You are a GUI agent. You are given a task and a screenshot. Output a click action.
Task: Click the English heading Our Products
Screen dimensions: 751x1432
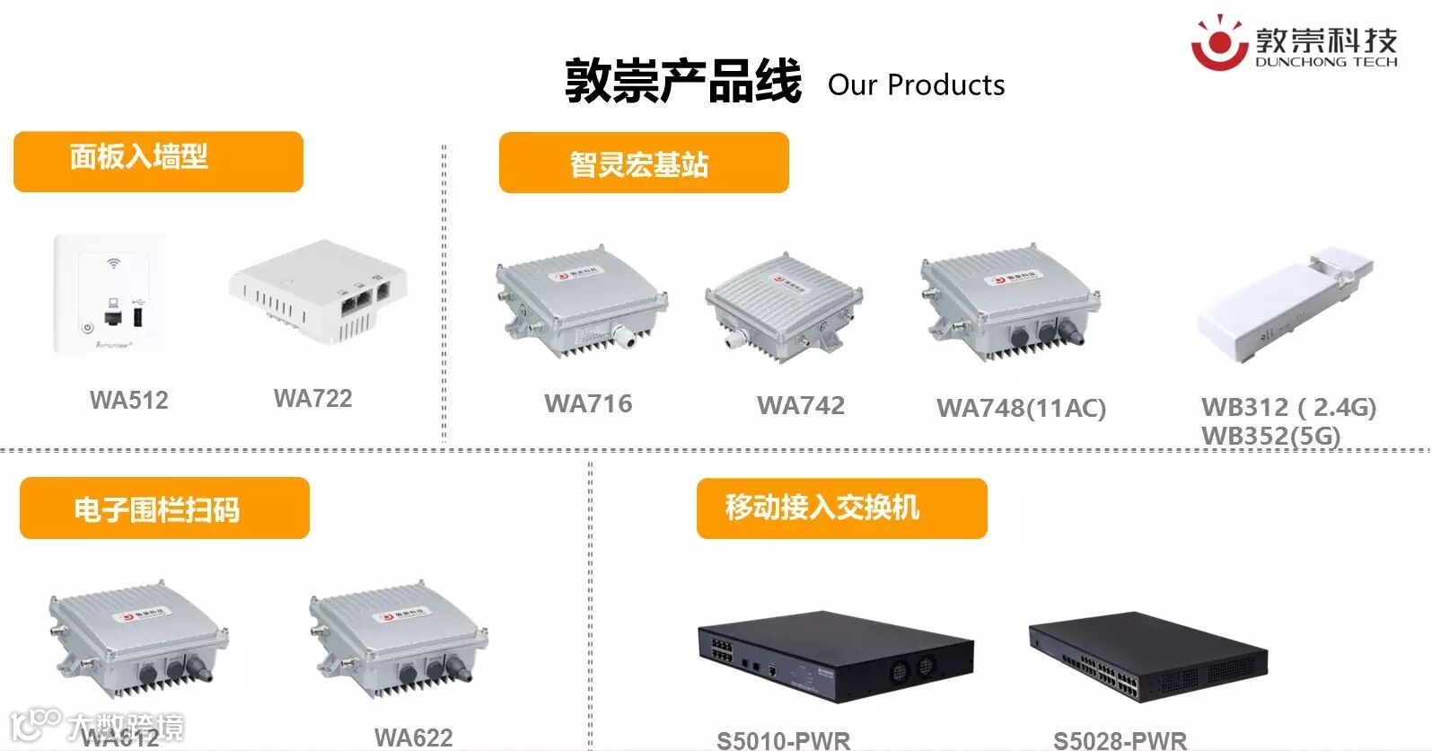tap(916, 84)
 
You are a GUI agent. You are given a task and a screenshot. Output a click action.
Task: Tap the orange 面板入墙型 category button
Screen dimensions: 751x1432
tap(158, 161)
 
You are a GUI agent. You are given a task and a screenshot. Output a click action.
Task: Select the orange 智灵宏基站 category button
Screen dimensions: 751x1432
tap(643, 163)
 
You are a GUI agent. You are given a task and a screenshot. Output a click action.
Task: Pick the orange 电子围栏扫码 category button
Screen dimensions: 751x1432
tap(164, 508)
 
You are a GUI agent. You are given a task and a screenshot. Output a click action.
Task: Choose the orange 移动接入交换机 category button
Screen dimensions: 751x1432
tap(841, 508)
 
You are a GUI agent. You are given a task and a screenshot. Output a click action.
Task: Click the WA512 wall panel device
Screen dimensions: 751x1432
tap(110, 294)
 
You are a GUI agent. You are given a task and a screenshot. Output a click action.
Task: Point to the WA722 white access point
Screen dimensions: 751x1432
tap(319, 290)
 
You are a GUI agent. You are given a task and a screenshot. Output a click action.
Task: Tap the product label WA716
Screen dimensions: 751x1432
tap(588, 403)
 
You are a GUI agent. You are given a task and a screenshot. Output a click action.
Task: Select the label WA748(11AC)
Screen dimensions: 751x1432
tap(1021, 408)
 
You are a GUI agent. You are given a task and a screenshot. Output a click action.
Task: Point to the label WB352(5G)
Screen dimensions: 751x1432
tap(1270, 436)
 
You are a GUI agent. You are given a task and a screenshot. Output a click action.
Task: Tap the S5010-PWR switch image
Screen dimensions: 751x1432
tap(834, 656)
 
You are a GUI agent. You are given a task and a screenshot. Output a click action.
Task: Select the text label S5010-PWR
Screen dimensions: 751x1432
tap(783, 740)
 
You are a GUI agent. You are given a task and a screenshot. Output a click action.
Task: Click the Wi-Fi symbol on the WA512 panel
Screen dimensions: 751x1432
tap(113, 264)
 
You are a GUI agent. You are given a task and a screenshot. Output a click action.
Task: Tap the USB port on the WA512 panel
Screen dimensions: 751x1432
tap(139, 317)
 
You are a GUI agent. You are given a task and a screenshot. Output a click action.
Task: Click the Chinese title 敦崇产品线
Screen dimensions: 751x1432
tap(682, 82)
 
